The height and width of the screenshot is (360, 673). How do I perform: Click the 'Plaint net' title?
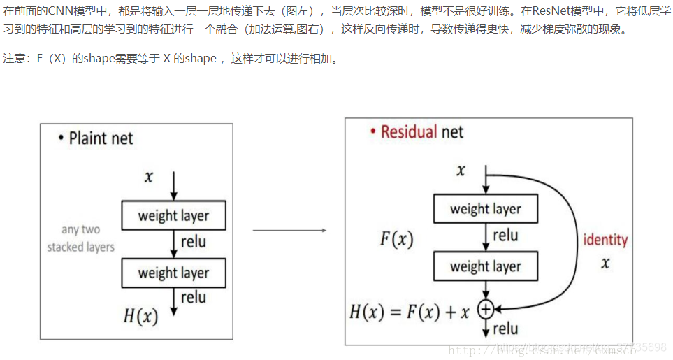101,138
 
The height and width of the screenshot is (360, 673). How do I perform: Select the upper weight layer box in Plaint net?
174,215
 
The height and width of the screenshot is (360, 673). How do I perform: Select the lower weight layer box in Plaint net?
174,273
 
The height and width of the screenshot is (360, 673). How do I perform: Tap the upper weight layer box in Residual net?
486,209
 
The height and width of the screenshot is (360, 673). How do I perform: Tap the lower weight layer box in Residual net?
486,266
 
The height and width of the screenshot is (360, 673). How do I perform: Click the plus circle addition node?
486,308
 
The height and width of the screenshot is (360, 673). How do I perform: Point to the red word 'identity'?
605,240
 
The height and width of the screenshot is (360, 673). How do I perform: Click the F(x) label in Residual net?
397,239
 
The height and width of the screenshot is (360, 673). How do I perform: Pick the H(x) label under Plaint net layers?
140,315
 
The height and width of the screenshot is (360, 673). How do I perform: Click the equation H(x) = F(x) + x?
409,312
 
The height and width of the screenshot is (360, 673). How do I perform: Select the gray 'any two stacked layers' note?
80,238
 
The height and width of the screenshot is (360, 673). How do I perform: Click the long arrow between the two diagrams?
289,229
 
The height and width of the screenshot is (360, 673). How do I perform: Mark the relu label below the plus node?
505,329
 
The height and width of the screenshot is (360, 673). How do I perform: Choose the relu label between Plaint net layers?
194,242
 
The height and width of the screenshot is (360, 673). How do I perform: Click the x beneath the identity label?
605,263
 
